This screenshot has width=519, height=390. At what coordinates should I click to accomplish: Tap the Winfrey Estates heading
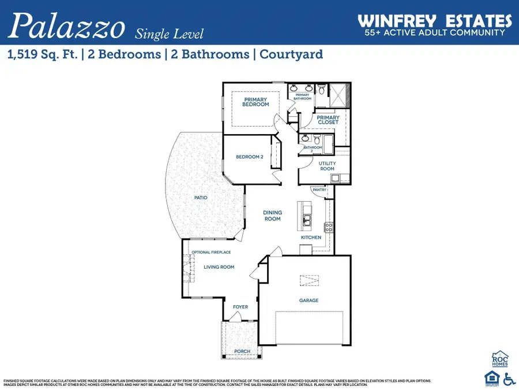[x=435, y=21]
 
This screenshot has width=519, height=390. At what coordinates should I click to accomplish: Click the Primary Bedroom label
[x=255, y=102]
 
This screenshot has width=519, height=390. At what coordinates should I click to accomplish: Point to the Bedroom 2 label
[x=249, y=157]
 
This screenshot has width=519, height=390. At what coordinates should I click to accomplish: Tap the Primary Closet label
[x=328, y=120]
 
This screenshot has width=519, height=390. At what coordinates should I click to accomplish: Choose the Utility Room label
[x=327, y=166]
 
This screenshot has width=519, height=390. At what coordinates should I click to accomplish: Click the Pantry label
[x=319, y=190]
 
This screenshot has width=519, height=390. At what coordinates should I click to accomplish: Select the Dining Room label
[x=273, y=216]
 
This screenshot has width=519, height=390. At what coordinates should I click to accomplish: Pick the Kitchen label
[x=311, y=237]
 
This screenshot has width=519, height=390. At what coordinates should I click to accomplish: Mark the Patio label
[x=201, y=198]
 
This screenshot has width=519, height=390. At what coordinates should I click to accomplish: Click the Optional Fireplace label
[x=211, y=252]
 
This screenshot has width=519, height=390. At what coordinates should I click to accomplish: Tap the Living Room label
[x=219, y=267]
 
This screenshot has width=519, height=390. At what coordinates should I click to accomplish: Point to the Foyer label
[x=240, y=307]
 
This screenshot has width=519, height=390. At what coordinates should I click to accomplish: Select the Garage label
[x=309, y=300]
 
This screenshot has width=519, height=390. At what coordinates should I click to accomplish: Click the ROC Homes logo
[x=499, y=359]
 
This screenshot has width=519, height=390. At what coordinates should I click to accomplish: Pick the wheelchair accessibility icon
[x=509, y=378]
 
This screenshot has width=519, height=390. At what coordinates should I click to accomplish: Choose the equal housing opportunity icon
[x=491, y=378]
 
